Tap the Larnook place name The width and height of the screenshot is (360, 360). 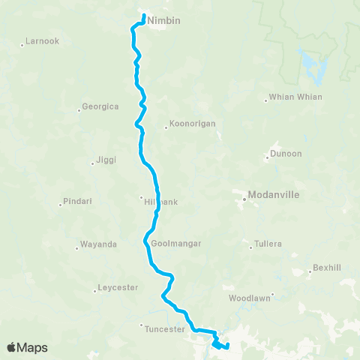coord(42,41)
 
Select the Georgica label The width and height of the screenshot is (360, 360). coord(100,107)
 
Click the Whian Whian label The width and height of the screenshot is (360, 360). coord(298,97)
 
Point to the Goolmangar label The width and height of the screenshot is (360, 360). coord(176,244)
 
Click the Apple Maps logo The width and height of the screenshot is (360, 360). coord(28,347)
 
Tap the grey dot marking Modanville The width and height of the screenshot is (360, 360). coord(244,199)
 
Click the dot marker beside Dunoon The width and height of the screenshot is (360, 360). coord(268,157)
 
